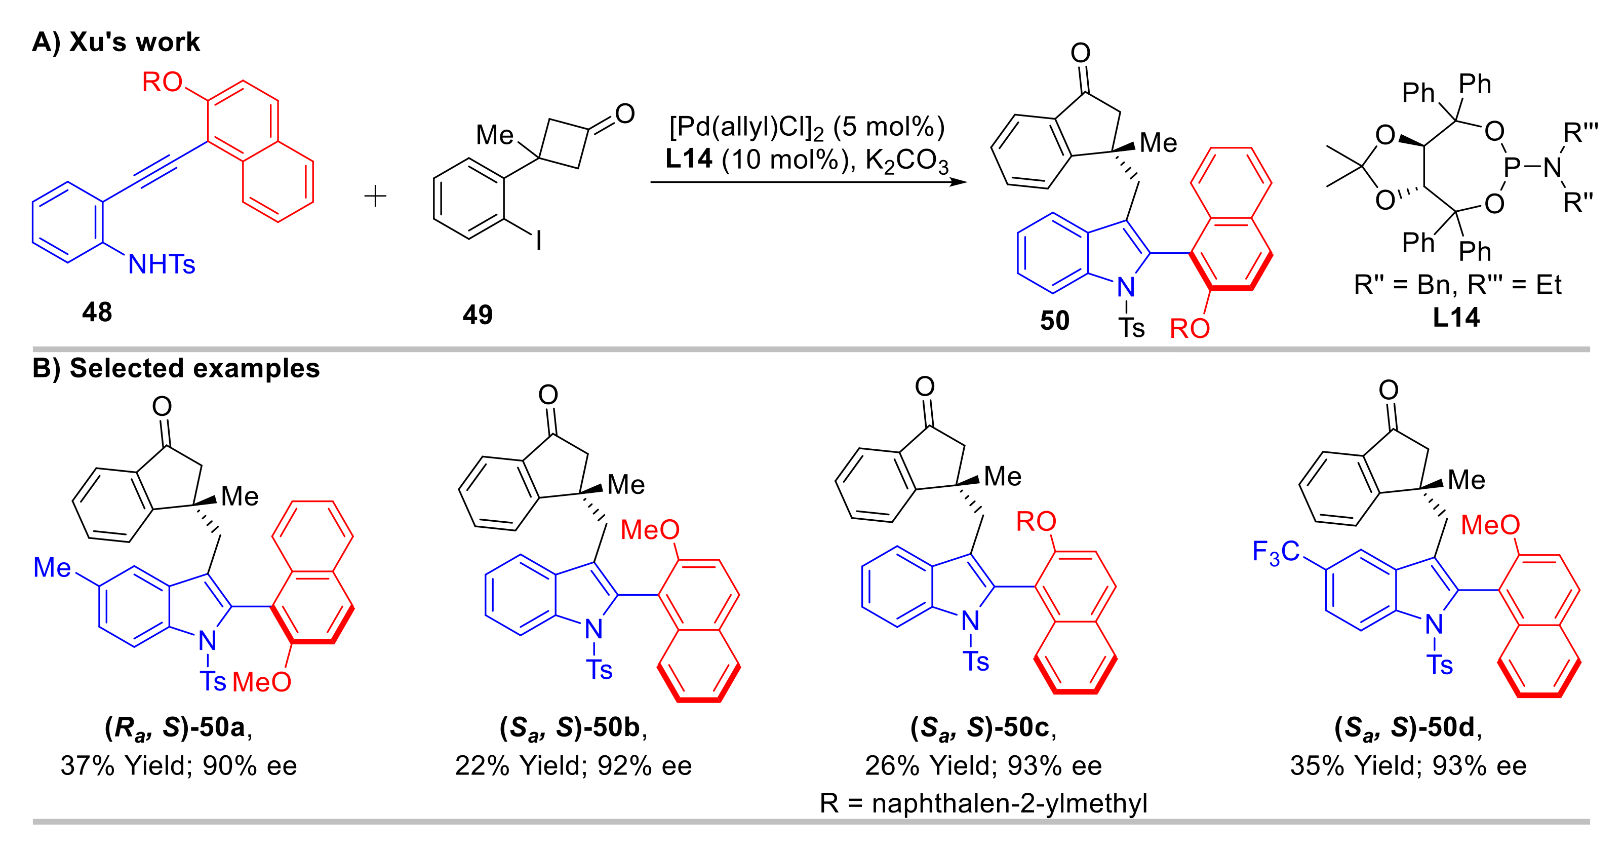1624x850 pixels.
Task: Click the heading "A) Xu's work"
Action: [115, 42]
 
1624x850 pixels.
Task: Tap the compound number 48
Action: [97, 312]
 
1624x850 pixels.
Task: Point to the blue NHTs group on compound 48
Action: [162, 264]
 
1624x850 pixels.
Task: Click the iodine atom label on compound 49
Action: [538, 240]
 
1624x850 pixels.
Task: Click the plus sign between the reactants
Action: [375, 197]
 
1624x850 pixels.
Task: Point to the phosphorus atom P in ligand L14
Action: [1512, 167]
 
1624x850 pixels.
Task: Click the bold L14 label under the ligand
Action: [1456, 317]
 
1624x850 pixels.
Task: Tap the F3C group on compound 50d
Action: [1276, 552]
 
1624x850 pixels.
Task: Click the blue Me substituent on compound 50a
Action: [52, 567]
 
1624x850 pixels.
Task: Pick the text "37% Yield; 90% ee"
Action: [178, 765]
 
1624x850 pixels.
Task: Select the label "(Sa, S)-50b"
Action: [572, 728]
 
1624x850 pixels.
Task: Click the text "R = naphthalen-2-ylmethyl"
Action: [983, 803]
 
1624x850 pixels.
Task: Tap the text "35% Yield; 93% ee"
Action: [1408, 765]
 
